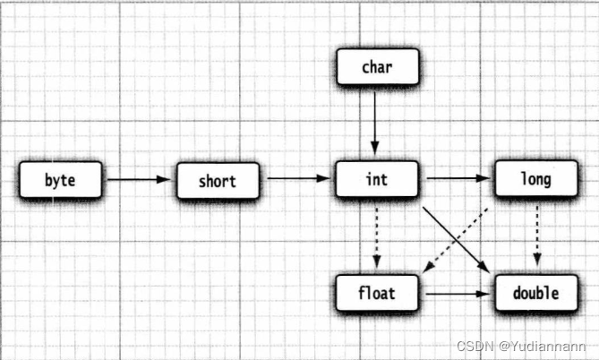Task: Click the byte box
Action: click(x=60, y=181)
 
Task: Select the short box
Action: click(x=218, y=181)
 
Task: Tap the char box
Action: click(x=376, y=68)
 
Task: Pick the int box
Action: click(x=376, y=180)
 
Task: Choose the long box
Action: click(x=535, y=180)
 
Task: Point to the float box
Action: click(x=377, y=293)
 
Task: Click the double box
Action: click(x=535, y=293)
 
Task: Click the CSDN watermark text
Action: click(x=475, y=346)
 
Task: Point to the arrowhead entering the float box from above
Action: click(x=376, y=263)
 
